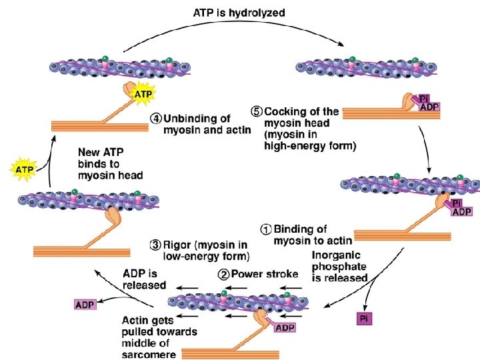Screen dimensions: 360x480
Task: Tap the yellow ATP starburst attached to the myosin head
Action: tap(143, 94)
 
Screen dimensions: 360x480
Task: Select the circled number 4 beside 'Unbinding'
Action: tap(155, 118)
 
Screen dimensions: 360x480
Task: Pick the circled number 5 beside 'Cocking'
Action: tap(256, 111)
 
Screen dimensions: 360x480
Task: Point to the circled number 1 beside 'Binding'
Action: tap(265, 229)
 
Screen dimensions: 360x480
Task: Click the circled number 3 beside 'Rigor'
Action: tap(155, 243)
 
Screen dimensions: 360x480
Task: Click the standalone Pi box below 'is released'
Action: tap(364, 318)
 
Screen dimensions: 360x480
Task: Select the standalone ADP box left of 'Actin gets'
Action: tap(84, 305)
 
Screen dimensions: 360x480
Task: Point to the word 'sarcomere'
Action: tap(149, 355)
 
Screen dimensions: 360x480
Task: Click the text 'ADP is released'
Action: tap(144, 279)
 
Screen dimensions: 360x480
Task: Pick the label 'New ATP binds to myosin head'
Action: tap(110, 163)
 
